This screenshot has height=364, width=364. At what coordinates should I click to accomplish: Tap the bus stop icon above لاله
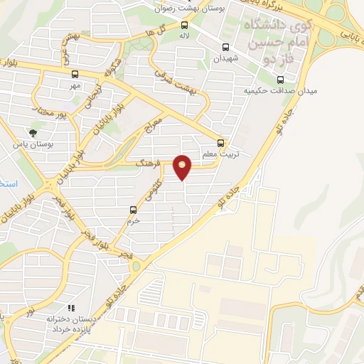coord(185,23)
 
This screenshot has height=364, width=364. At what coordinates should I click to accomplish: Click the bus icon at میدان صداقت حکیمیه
coord(279,79)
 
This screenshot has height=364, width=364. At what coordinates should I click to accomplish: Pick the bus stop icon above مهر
coord(75,74)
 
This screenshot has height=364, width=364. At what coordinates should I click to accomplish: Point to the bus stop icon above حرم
coord(133,209)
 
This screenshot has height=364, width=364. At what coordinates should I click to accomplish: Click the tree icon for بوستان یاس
coord(32,132)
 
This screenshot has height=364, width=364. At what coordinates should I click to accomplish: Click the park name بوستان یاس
coord(32,144)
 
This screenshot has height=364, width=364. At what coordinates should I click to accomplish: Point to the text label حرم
coord(133,220)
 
